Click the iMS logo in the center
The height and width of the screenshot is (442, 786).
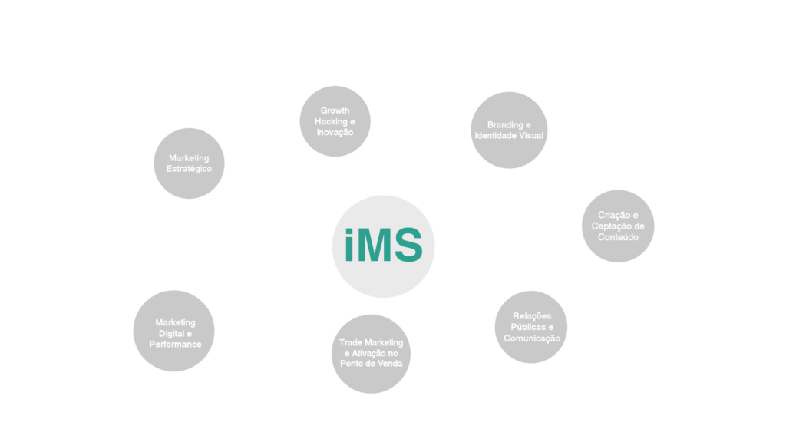[x=383, y=245]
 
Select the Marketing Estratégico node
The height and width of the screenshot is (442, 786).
[x=189, y=163]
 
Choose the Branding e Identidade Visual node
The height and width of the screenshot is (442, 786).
[x=509, y=130]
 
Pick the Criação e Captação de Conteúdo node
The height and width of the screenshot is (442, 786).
[x=619, y=226]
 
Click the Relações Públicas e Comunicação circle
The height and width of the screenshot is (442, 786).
[x=531, y=327]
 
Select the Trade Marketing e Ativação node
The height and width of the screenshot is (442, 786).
[x=371, y=352]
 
